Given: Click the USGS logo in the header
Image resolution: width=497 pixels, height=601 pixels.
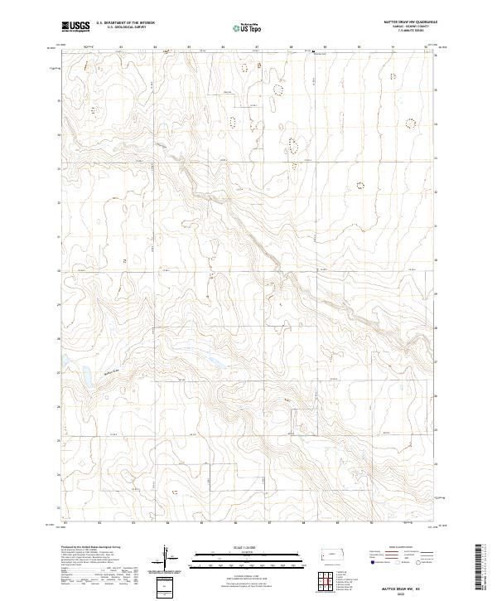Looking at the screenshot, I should [75, 27].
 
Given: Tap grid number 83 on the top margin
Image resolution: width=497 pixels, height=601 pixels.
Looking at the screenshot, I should [121, 46].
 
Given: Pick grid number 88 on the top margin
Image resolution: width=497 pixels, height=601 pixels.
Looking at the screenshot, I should [289, 46].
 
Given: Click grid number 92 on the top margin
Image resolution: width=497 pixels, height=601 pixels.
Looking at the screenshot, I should [425, 46].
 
